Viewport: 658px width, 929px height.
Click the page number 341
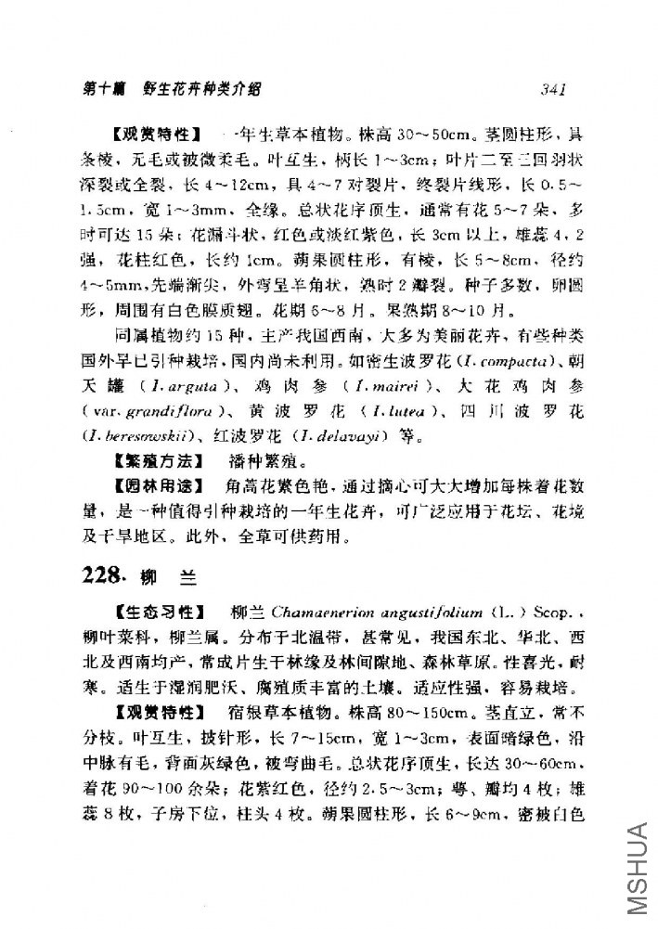pos(550,89)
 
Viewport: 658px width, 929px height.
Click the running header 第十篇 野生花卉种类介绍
pos(171,89)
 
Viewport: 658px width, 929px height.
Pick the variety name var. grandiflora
pos(157,433)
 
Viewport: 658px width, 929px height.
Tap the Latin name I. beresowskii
pos(138,458)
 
